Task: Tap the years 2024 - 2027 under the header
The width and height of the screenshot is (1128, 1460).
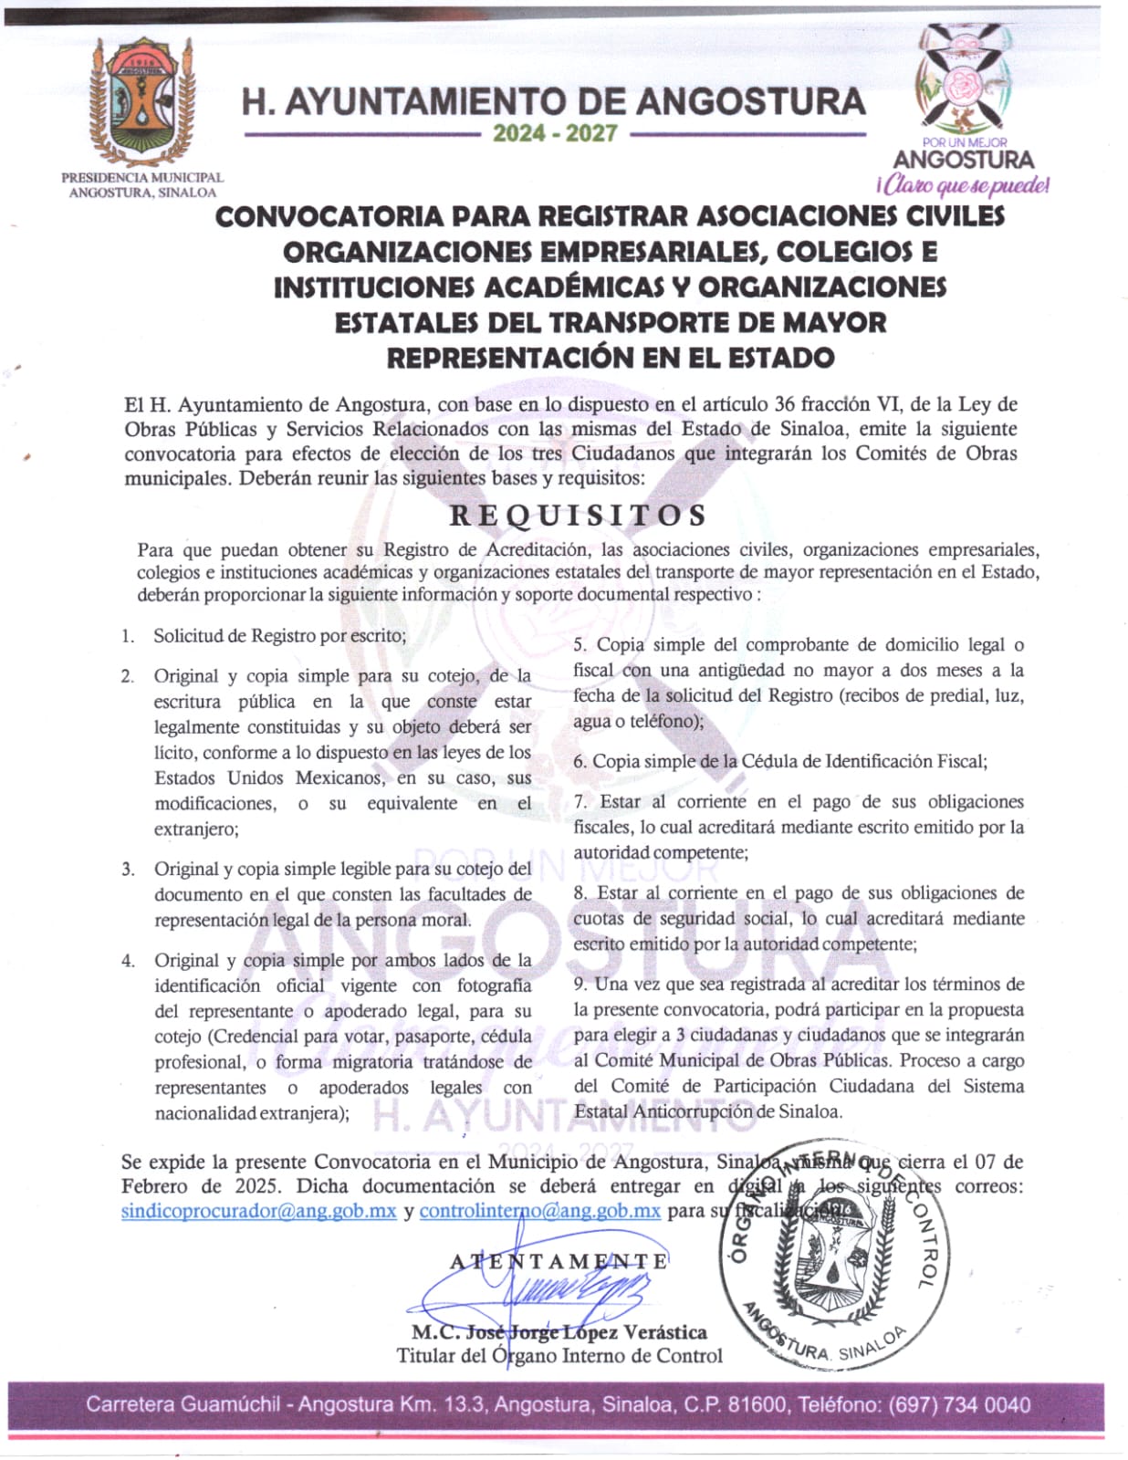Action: pyautogui.click(x=555, y=133)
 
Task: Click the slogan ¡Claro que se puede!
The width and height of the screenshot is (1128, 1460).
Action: pyautogui.click(x=962, y=185)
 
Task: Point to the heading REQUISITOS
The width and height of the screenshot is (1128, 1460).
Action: pyautogui.click(x=578, y=516)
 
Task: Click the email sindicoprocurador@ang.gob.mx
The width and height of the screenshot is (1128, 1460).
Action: pyautogui.click(x=258, y=1211)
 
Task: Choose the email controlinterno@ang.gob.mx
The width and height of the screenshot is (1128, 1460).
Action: pyautogui.click(x=539, y=1211)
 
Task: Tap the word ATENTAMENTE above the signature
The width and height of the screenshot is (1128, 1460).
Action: pyautogui.click(x=559, y=1261)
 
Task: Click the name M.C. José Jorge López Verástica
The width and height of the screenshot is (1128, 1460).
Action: pyautogui.click(x=559, y=1332)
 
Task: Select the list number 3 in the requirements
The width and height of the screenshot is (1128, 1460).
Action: pyautogui.click(x=128, y=869)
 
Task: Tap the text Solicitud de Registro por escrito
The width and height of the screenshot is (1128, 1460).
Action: pyautogui.click(x=279, y=635)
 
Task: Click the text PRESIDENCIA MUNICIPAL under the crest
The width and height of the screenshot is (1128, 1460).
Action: pyautogui.click(x=142, y=177)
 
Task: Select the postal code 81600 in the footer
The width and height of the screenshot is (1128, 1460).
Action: pyautogui.click(x=757, y=1404)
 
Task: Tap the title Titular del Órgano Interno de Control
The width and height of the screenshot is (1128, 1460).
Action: pyautogui.click(x=559, y=1356)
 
